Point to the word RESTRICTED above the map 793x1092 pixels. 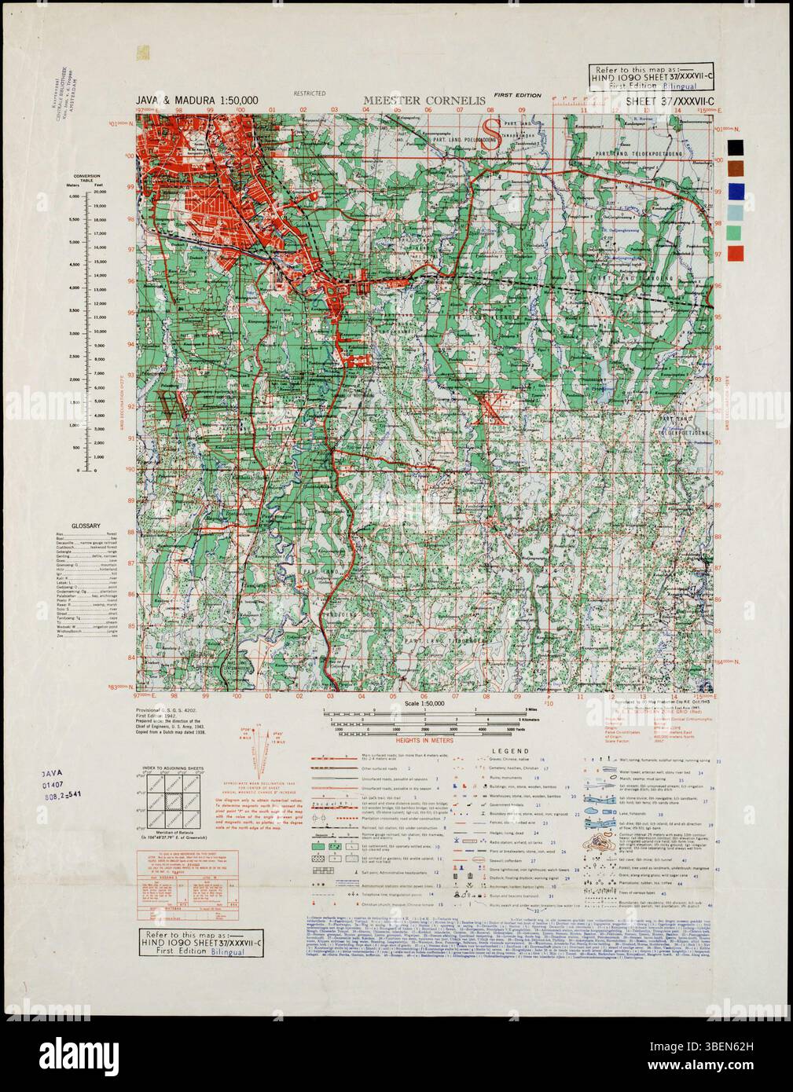[309, 93]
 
